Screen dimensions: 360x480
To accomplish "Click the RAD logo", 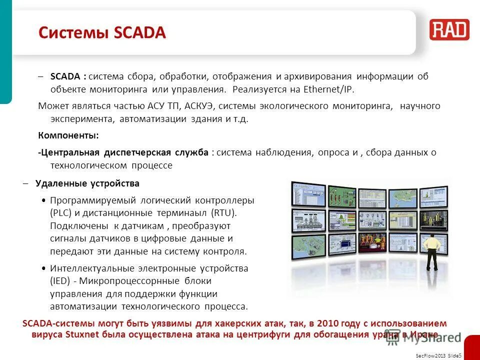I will click(449, 30).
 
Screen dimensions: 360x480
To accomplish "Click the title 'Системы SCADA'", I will click(102, 33).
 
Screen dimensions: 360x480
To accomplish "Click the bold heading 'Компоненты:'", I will click(68, 135).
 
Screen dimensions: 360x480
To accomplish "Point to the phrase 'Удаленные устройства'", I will click(87, 183).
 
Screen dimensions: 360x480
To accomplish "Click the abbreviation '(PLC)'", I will click(61, 213).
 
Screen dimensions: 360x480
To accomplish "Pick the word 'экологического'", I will click(303, 106).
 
